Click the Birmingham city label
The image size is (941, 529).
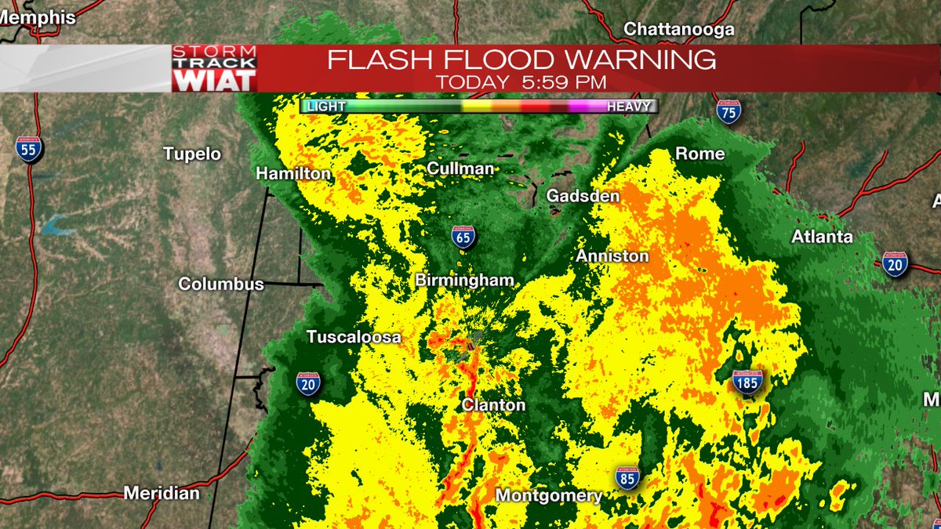pos(465,280)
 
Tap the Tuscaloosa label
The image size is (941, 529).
pos(354,337)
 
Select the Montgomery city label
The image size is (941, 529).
pos(549,495)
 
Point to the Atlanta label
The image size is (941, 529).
pos(822,237)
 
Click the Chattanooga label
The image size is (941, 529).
pos(679,30)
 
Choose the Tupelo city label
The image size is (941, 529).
pos(192,154)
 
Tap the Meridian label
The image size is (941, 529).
pos(162,493)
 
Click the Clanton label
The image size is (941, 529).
pos(493,404)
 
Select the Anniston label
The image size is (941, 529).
pos(612,256)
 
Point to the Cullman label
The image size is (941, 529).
pos(461,168)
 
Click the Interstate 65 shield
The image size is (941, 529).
pos(463,236)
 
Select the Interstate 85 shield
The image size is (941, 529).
pos(627,477)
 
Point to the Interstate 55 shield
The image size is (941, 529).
pos(29,148)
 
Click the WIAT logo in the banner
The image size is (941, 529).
pos(215,80)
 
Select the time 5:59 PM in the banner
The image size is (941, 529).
pos(560,82)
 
